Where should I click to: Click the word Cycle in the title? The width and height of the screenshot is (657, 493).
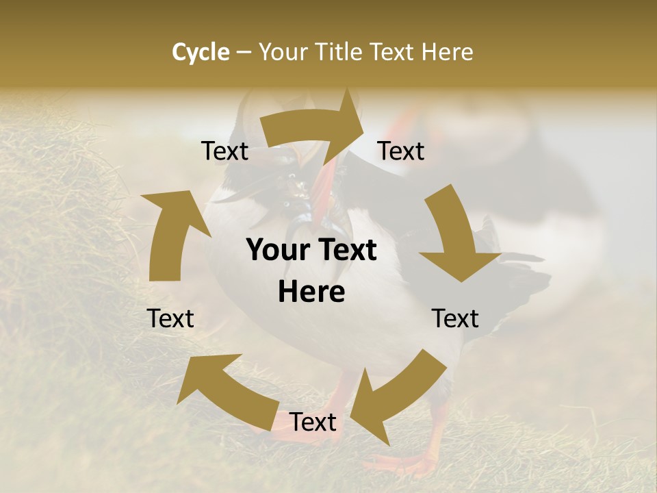tap(201, 52)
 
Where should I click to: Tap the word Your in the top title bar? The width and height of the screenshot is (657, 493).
tap(281, 52)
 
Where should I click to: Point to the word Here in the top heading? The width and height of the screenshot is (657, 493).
tap(448, 52)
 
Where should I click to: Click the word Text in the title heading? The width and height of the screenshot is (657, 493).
tap(393, 52)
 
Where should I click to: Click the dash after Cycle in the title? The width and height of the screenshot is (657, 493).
tap(244, 53)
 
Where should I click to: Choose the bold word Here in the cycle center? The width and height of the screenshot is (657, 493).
tap(311, 292)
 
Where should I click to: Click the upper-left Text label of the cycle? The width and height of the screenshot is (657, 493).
tap(225, 151)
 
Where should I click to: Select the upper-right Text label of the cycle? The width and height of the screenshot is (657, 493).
tap(401, 151)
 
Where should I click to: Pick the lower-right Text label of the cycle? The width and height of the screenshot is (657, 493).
tap(455, 318)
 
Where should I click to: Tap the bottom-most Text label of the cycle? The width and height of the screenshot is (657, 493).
tap(313, 422)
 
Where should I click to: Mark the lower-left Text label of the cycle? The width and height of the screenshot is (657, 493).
tap(171, 318)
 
